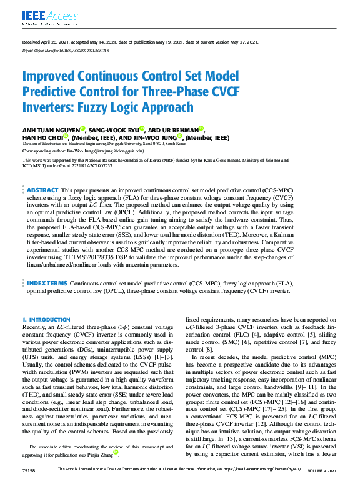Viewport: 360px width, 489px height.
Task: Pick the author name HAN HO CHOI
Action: coord(42,137)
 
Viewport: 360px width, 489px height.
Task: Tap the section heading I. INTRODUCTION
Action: coord(47,319)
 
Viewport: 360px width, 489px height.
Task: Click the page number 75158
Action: coord(29,469)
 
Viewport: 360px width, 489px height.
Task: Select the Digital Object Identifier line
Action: coord(66,49)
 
